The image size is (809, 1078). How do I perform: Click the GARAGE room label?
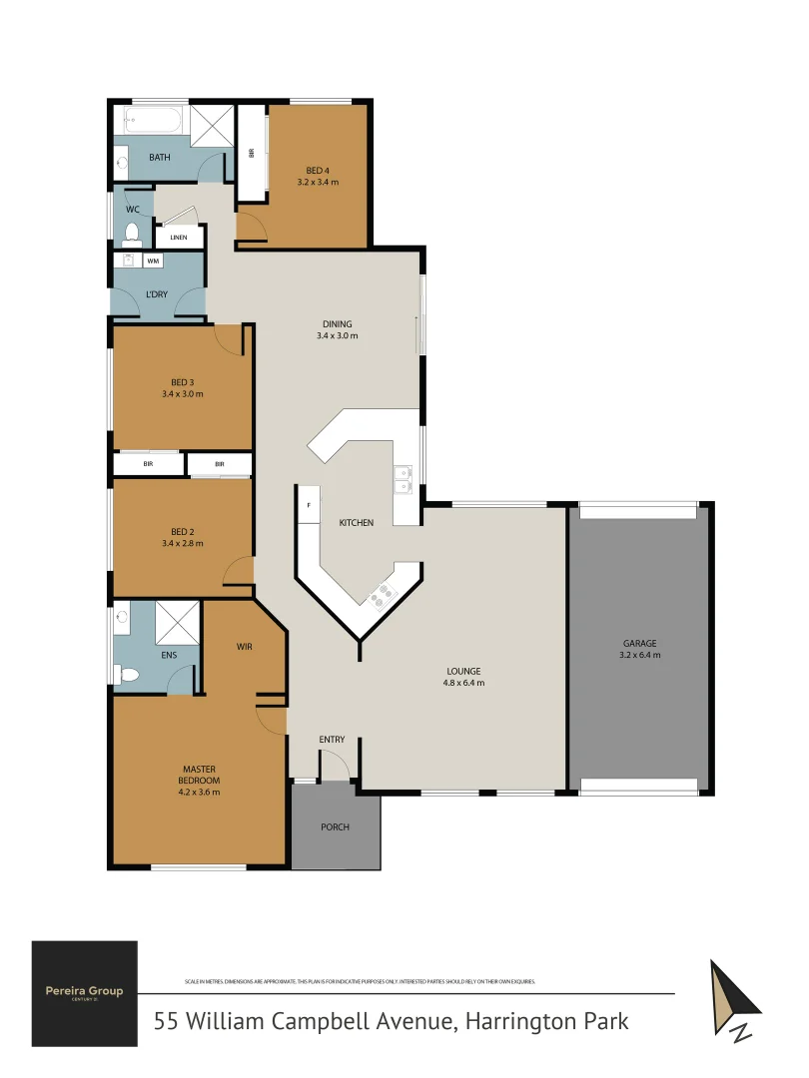[x=639, y=644]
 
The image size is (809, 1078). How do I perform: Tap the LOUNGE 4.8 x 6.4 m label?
[x=464, y=677]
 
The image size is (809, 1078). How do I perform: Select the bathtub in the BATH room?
[x=152, y=122]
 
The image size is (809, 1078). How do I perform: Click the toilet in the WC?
[x=131, y=234]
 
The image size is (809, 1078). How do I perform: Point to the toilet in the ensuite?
[x=127, y=676]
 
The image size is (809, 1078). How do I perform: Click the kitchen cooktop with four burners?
[x=384, y=596]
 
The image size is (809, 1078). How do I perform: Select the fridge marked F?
[x=309, y=506]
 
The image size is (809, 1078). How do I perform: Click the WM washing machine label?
[x=153, y=261]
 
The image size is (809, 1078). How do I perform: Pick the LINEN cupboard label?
[x=179, y=238]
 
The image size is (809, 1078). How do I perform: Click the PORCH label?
[x=335, y=826]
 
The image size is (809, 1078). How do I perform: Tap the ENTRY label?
[x=332, y=740]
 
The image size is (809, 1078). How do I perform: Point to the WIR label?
[x=245, y=647]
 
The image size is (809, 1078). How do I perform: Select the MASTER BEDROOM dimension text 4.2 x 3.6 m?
[x=200, y=792]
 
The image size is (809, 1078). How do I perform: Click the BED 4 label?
[x=318, y=171]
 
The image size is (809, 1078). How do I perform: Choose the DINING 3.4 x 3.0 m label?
[x=338, y=329]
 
